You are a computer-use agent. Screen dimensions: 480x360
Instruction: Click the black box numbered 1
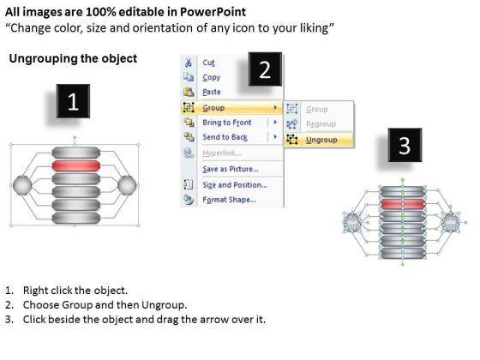(x=73, y=101)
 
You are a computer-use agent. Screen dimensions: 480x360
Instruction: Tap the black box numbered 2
(x=265, y=69)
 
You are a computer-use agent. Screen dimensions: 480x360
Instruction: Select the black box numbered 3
(x=405, y=145)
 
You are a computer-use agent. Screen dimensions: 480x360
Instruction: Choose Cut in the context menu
(x=208, y=63)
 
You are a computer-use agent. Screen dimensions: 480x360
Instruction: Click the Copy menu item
(x=211, y=77)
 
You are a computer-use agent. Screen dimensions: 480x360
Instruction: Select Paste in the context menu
(x=212, y=92)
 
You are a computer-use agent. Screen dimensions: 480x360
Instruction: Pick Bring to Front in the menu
(x=227, y=123)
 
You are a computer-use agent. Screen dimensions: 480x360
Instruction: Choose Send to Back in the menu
(x=225, y=137)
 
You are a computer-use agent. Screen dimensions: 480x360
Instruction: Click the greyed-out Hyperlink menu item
(x=222, y=153)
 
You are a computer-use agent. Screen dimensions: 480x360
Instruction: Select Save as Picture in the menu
(x=231, y=169)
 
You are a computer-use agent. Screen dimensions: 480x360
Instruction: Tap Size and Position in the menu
(x=235, y=185)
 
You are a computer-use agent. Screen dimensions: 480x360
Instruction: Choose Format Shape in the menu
(x=230, y=200)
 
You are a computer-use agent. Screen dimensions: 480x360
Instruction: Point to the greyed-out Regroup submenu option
(x=321, y=124)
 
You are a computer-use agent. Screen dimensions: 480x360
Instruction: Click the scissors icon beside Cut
(x=189, y=63)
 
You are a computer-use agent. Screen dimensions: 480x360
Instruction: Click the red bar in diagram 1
(x=76, y=165)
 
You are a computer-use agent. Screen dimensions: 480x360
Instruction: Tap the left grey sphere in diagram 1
(x=22, y=185)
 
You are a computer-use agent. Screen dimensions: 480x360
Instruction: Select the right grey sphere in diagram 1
(x=127, y=185)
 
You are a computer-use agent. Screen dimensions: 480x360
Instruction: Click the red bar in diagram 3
(x=403, y=204)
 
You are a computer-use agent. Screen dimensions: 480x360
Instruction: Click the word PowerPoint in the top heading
(x=213, y=12)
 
